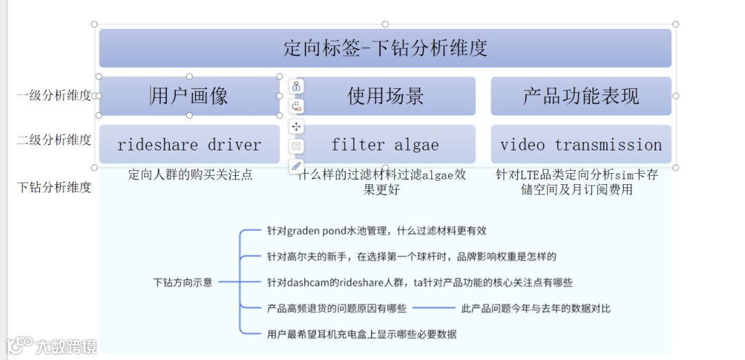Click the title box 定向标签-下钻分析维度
385,48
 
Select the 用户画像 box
189,96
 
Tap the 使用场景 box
386,96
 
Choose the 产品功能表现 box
581,96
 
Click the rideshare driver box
189,145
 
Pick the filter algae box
386,145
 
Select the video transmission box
581,145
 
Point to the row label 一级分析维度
54,96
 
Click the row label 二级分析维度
54,140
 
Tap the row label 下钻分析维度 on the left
54,187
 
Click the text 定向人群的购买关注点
190,175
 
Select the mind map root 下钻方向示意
183,282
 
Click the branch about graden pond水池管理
377,231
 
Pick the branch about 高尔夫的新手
411,257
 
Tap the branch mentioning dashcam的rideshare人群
419,282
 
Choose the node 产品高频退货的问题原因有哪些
337,308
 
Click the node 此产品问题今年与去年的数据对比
535,308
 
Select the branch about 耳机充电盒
361,334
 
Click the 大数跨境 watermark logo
51,345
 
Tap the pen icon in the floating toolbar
297,166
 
